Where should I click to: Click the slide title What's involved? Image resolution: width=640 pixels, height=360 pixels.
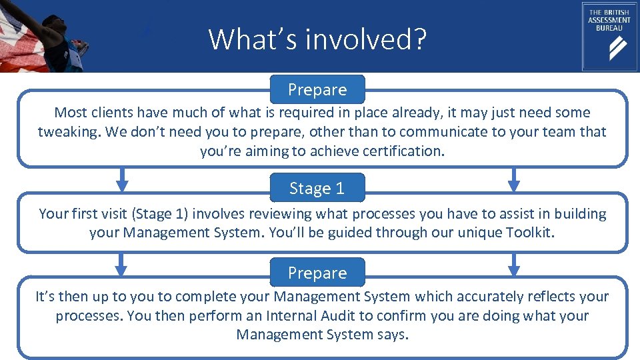[317, 39]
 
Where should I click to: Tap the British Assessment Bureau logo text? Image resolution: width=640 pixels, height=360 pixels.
[609, 21]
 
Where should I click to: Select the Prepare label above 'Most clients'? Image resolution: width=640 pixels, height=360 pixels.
[317, 89]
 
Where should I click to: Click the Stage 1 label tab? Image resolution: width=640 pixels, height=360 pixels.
[317, 189]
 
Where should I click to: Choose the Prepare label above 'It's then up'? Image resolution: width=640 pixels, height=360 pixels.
[317, 273]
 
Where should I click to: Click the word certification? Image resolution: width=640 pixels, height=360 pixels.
[403, 151]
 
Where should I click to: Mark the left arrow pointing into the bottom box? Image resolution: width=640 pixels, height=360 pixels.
[121, 265]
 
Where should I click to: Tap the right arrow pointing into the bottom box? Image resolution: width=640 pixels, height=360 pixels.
[513, 265]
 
